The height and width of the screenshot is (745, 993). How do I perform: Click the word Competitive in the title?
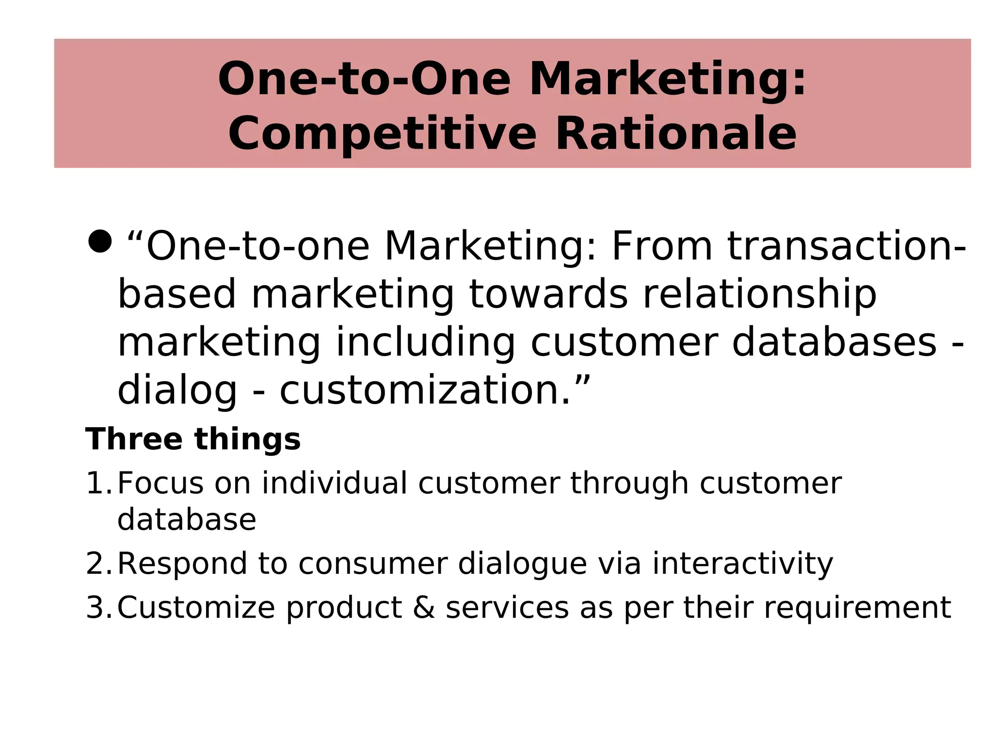pos(382,134)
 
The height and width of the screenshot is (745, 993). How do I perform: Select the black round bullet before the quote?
pos(100,241)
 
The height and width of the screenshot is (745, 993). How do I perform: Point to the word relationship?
pos(759,294)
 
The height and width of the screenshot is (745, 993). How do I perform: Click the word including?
pos(425,343)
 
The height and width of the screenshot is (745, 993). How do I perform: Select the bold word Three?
pos(134,439)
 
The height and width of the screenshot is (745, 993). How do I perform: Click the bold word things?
pos(247,439)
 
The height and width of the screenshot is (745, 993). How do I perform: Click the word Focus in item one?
pos(160,484)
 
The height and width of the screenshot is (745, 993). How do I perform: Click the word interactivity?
pos(742,564)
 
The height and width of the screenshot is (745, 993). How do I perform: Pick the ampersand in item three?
pos(424,608)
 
